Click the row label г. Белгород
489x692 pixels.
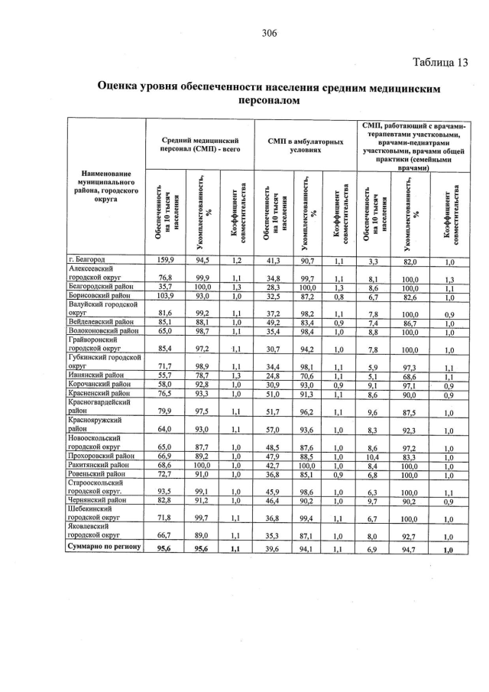click(86, 261)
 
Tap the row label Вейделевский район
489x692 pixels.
click(102, 322)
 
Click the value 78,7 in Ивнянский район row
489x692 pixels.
click(201, 376)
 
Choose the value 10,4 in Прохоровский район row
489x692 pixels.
click(376, 456)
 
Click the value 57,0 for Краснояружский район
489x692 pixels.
click(270, 430)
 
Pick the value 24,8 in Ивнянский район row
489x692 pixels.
click(270, 376)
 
